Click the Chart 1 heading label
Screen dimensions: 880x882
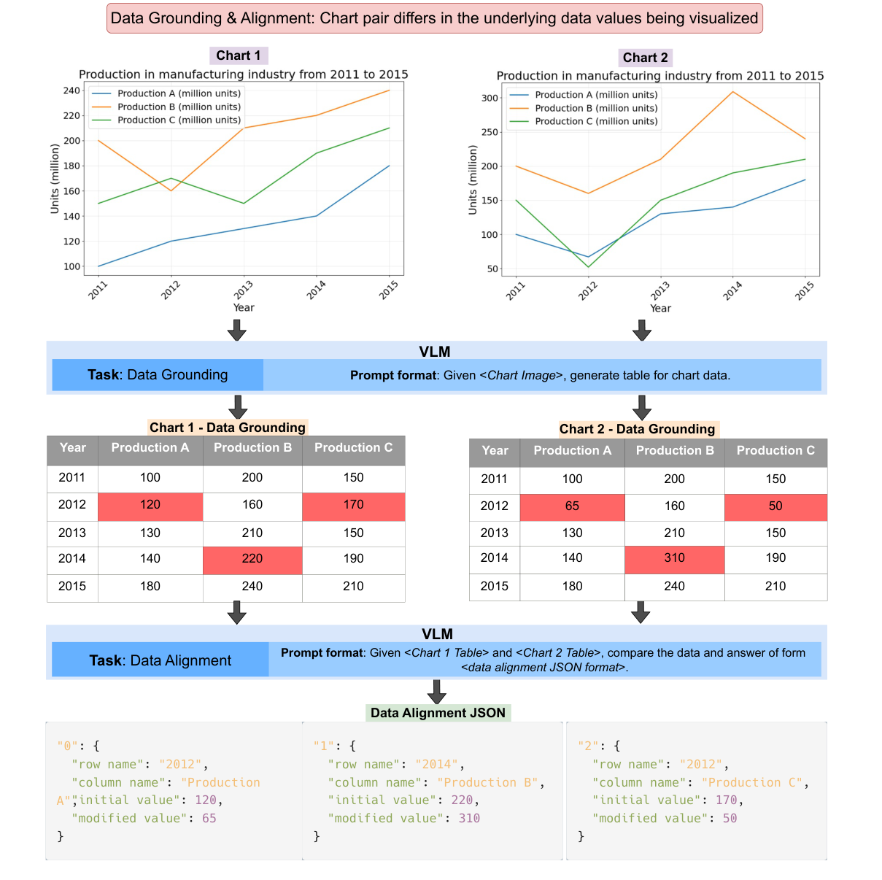click(x=238, y=55)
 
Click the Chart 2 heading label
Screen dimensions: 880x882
click(x=645, y=58)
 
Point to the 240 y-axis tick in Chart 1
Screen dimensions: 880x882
click(x=71, y=90)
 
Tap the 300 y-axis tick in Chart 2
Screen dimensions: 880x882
click(x=490, y=98)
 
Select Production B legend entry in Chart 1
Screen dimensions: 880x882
click(x=179, y=107)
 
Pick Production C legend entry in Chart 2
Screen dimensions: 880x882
click(x=596, y=121)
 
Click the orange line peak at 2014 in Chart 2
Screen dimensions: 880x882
click(x=732, y=92)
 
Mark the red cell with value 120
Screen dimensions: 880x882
click(x=150, y=506)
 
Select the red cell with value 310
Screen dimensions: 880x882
click(x=674, y=559)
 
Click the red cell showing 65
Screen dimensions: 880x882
click(x=572, y=506)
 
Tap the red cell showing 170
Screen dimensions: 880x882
click(x=353, y=506)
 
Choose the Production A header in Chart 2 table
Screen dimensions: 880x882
click(x=572, y=451)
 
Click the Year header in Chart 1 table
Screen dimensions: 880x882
click(x=72, y=448)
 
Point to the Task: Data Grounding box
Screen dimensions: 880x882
click(x=158, y=375)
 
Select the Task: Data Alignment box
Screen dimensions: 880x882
click(x=160, y=660)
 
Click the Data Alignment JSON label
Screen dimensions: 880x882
click(x=438, y=713)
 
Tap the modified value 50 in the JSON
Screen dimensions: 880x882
click(x=730, y=818)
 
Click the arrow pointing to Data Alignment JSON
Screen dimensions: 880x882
click(x=436, y=691)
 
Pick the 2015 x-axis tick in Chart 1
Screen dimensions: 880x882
click(x=389, y=290)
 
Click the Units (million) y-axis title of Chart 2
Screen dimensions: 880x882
click(x=473, y=180)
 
